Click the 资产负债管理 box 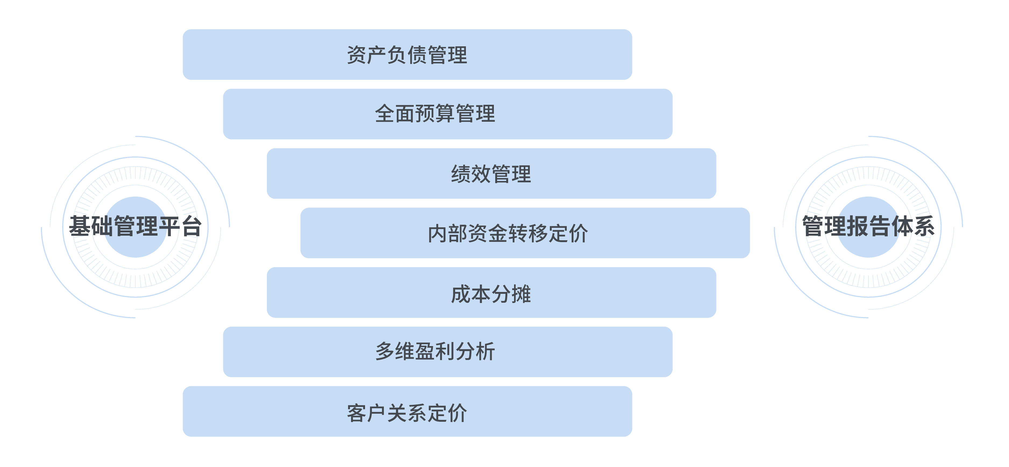click(x=407, y=54)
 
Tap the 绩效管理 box click(x=491, y=174)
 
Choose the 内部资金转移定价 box click(x=525, y=233)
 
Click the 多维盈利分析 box click(x=448, y=352)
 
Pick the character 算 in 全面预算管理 click(x=445, y=114)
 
